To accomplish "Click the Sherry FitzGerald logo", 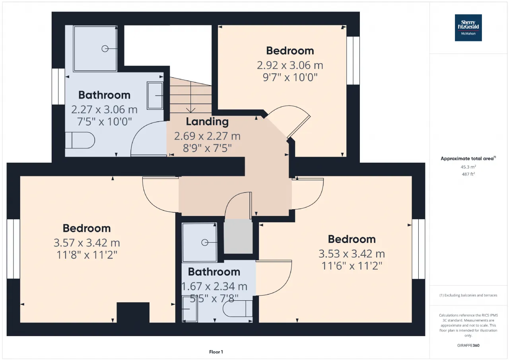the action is point(468,28).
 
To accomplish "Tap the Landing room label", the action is point(207,122).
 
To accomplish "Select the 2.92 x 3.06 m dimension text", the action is point(290,66).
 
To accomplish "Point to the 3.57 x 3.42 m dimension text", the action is point(87,243).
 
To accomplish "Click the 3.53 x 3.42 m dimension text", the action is point(352,254).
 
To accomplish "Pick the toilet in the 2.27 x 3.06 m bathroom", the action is point(80,140).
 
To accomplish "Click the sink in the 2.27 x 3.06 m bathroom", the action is point(155,96).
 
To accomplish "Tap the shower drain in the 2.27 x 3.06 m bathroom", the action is point(105,49).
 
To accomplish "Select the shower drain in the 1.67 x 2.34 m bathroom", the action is point(205,243).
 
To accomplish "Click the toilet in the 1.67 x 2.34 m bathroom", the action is point(238,308).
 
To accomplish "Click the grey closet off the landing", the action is point(238,236).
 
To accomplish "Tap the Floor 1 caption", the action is point(216,352).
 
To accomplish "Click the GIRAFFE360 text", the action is point(468,345).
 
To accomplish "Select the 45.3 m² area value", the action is point(468,167).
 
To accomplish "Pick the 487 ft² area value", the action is point(468,174).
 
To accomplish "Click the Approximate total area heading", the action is point(468,158).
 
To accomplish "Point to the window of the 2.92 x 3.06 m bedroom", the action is point(353,60).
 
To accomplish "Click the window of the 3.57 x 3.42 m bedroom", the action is point(14,249).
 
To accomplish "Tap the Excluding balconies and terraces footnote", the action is point(468,295).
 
